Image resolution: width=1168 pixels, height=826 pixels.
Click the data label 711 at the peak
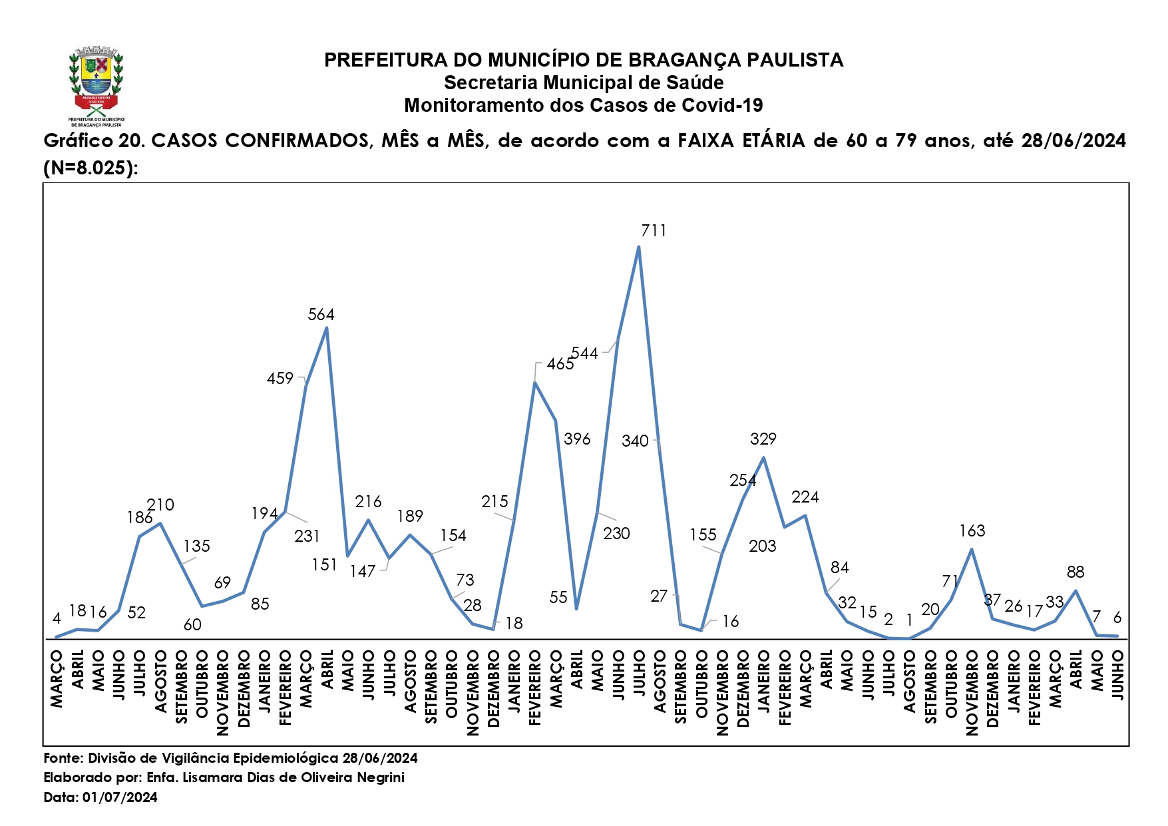coord(654,231)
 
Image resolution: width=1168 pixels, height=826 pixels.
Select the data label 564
coord(321,315)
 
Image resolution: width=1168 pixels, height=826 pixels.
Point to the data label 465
coord(560,364)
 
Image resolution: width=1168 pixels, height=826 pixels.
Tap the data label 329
coord(763,439)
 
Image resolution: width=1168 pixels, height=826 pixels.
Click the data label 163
coord(972,531)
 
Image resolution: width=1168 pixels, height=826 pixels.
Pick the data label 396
coord(576,439)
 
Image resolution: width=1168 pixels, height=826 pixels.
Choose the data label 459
coord(280,379)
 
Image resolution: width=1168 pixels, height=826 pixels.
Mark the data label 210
coord(160,505)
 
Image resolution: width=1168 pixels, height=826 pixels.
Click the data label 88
coord(1075,572)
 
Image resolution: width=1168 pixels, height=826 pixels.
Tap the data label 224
coord(805,497)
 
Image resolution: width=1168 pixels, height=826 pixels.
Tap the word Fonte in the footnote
coord(63,758)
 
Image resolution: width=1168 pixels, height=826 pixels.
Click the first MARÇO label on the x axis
coord(57,679)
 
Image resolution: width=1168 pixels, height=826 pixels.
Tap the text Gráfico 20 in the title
coord(94,141)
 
